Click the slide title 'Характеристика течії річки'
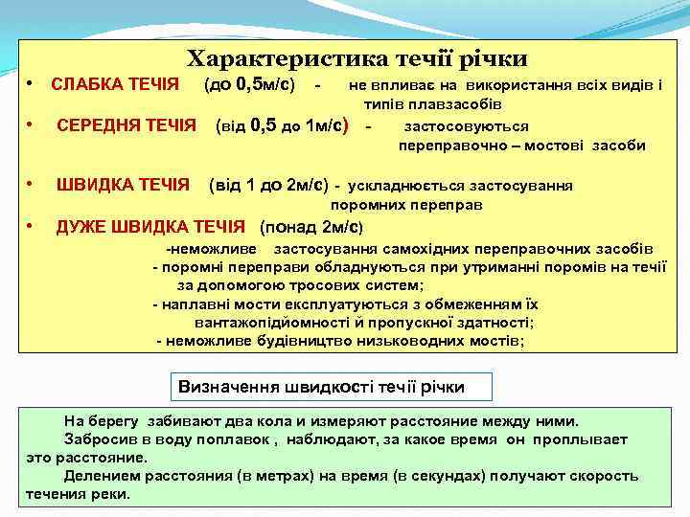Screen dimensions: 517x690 pos(356,59)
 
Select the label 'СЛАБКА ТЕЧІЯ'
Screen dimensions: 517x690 pos(114,85)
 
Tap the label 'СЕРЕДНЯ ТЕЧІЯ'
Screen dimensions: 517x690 pos(126,124)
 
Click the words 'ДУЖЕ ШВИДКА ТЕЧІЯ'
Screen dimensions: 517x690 pos(151,227)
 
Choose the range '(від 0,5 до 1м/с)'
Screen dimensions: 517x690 pos(281,124)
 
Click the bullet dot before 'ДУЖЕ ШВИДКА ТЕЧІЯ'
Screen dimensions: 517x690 pos(32,226)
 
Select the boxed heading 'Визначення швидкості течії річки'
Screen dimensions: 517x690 pos(322,387)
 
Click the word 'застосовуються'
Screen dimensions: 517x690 pos(466,125)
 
